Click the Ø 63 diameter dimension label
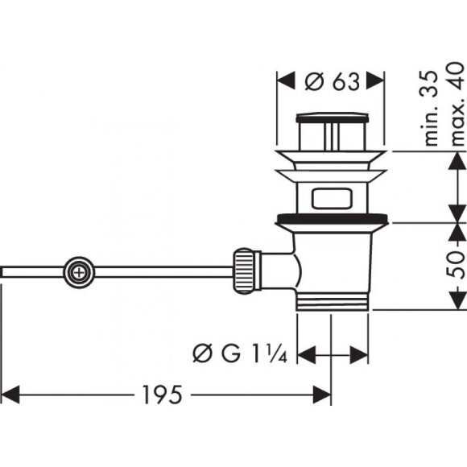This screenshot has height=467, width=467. pyautogui.click(x=331, y=82)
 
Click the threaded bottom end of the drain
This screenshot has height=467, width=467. pyautogui.click(x=333, y=301)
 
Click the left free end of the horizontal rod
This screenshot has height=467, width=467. pyautogui.click(x=4, y=271)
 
